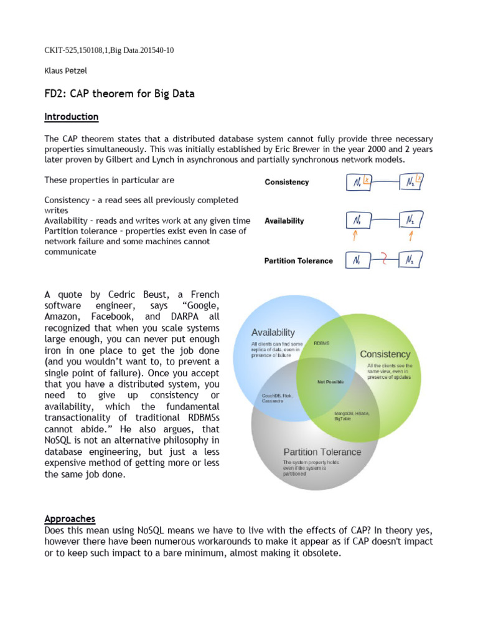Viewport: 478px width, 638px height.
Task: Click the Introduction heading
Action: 71,117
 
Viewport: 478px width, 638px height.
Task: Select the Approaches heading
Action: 70,518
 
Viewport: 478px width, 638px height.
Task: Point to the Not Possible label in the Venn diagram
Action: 330,381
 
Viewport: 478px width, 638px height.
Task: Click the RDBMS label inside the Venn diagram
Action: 322,343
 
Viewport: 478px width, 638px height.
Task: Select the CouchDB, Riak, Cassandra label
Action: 277,398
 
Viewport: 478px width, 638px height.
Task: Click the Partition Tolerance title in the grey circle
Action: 322,452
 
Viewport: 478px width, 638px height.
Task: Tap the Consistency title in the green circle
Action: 385,354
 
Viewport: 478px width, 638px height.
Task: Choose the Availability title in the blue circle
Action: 273,332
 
